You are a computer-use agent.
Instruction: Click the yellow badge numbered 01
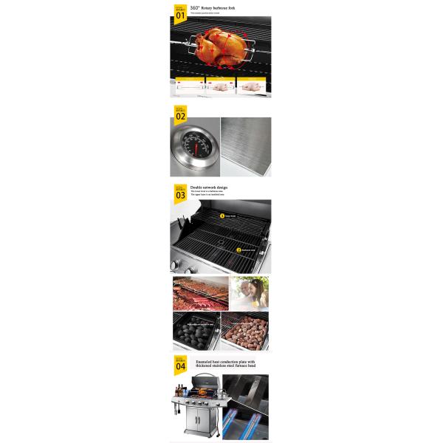click(180, 13)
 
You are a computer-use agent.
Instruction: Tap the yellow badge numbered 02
click(180, 114)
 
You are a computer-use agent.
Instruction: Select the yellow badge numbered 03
click(180, 193)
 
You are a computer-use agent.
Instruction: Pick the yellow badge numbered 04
click(180, 364)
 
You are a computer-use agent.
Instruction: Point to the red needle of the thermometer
click(196, 145)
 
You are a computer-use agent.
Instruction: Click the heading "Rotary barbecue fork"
click(218, 8)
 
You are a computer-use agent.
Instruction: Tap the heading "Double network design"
click(209, 188)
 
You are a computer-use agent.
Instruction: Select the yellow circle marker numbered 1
click(221, 216)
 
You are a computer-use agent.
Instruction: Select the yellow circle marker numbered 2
click(238, 250)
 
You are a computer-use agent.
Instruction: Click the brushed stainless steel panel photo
click(246, 146)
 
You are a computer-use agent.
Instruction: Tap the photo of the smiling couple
click(249, 293)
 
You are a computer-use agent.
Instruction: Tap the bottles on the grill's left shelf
click(178, 390)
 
